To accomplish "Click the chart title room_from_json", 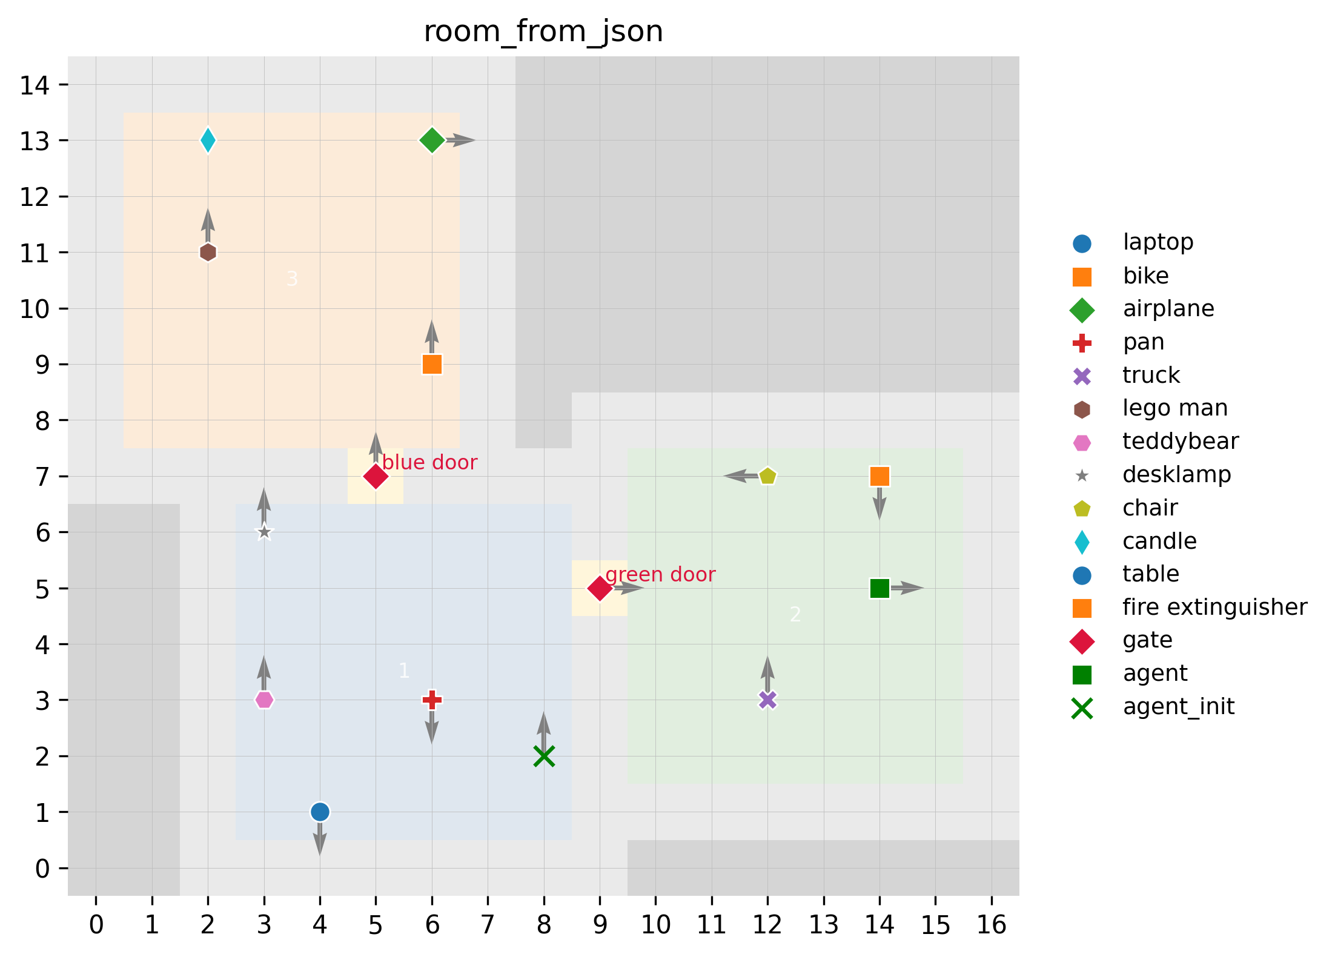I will (543, 31).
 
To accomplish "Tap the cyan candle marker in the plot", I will (208, 141).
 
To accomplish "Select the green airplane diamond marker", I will (432, 141).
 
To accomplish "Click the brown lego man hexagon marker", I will (208, 253).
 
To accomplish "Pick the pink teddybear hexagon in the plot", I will (264, 700).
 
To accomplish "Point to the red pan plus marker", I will (432, 700).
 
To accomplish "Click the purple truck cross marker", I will (767, 700).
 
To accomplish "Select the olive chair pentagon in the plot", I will (767, 476).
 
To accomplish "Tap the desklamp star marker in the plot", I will (264, 532).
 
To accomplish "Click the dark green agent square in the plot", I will (880, 588).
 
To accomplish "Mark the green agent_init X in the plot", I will (544, 757).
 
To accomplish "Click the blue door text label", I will (429, 463).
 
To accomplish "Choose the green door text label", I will (660, 575).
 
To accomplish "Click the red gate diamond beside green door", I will (600, 588).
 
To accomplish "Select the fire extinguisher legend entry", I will (1214, 607).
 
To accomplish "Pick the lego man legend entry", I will (1175, 408).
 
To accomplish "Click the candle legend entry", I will (1159, 541).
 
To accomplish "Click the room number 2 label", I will (795, 615).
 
